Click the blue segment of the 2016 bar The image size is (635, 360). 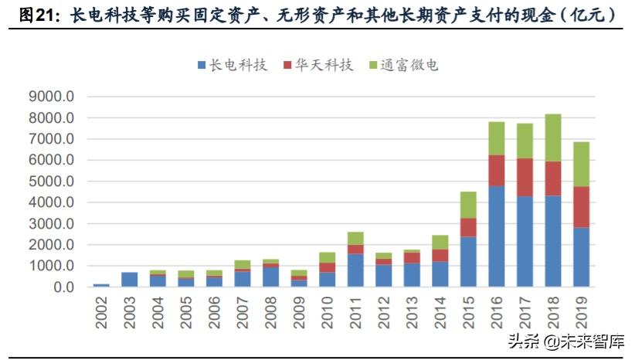496,236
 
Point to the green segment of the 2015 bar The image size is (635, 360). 467,205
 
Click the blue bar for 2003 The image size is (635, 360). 130,279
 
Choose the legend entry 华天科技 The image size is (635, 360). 317,66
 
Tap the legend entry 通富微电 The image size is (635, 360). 402,66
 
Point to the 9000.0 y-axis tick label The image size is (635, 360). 53,97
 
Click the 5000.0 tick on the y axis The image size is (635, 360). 53,182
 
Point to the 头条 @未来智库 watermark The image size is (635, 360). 565,341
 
